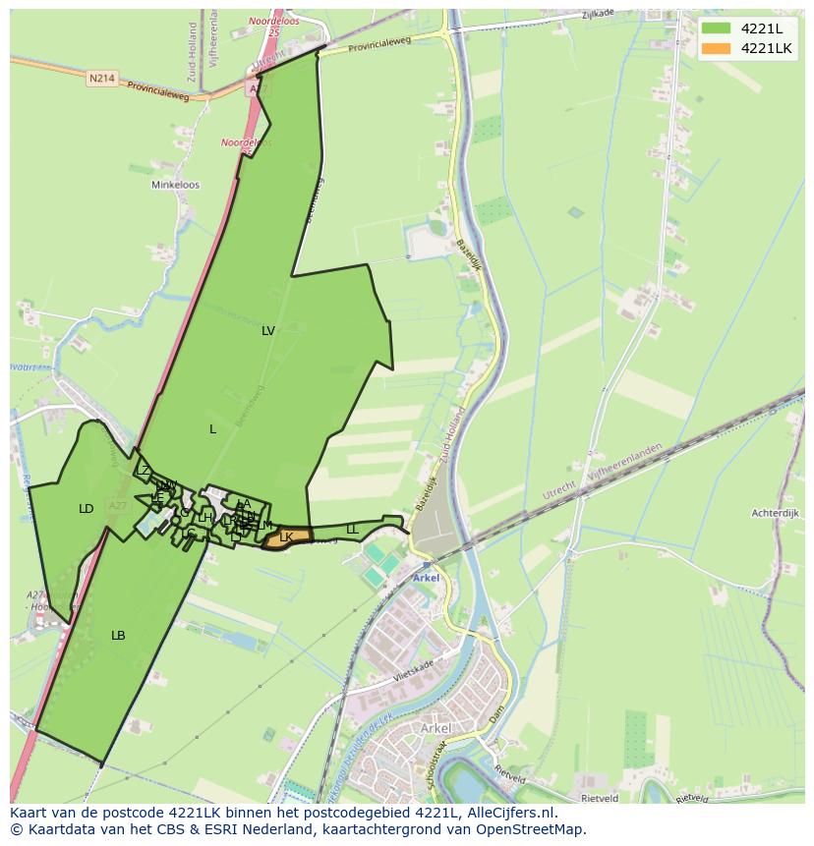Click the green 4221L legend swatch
pyautogui.click(x=716, y=28)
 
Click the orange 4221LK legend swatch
pyautogui.click(x=716, y=48)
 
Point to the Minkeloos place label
pyautogui.click(x=175, y=185)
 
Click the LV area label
pyautogui.click(x=268, y=331)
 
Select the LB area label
pyautogui.click(x=118, y=636)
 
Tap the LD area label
pyautogui.click(x=87, y=509)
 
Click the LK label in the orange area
pyautogui.click(x=286, y=536)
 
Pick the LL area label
pyautogui.click(x=352, y=530)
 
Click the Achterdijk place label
pyautogui.click(x=772, y=513)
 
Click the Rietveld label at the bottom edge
pyautogui.click(x=598, y=798)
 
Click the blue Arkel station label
pyautogui.click(x=426, y=578)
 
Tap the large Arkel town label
pyautogui.click(x=435, y=728)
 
